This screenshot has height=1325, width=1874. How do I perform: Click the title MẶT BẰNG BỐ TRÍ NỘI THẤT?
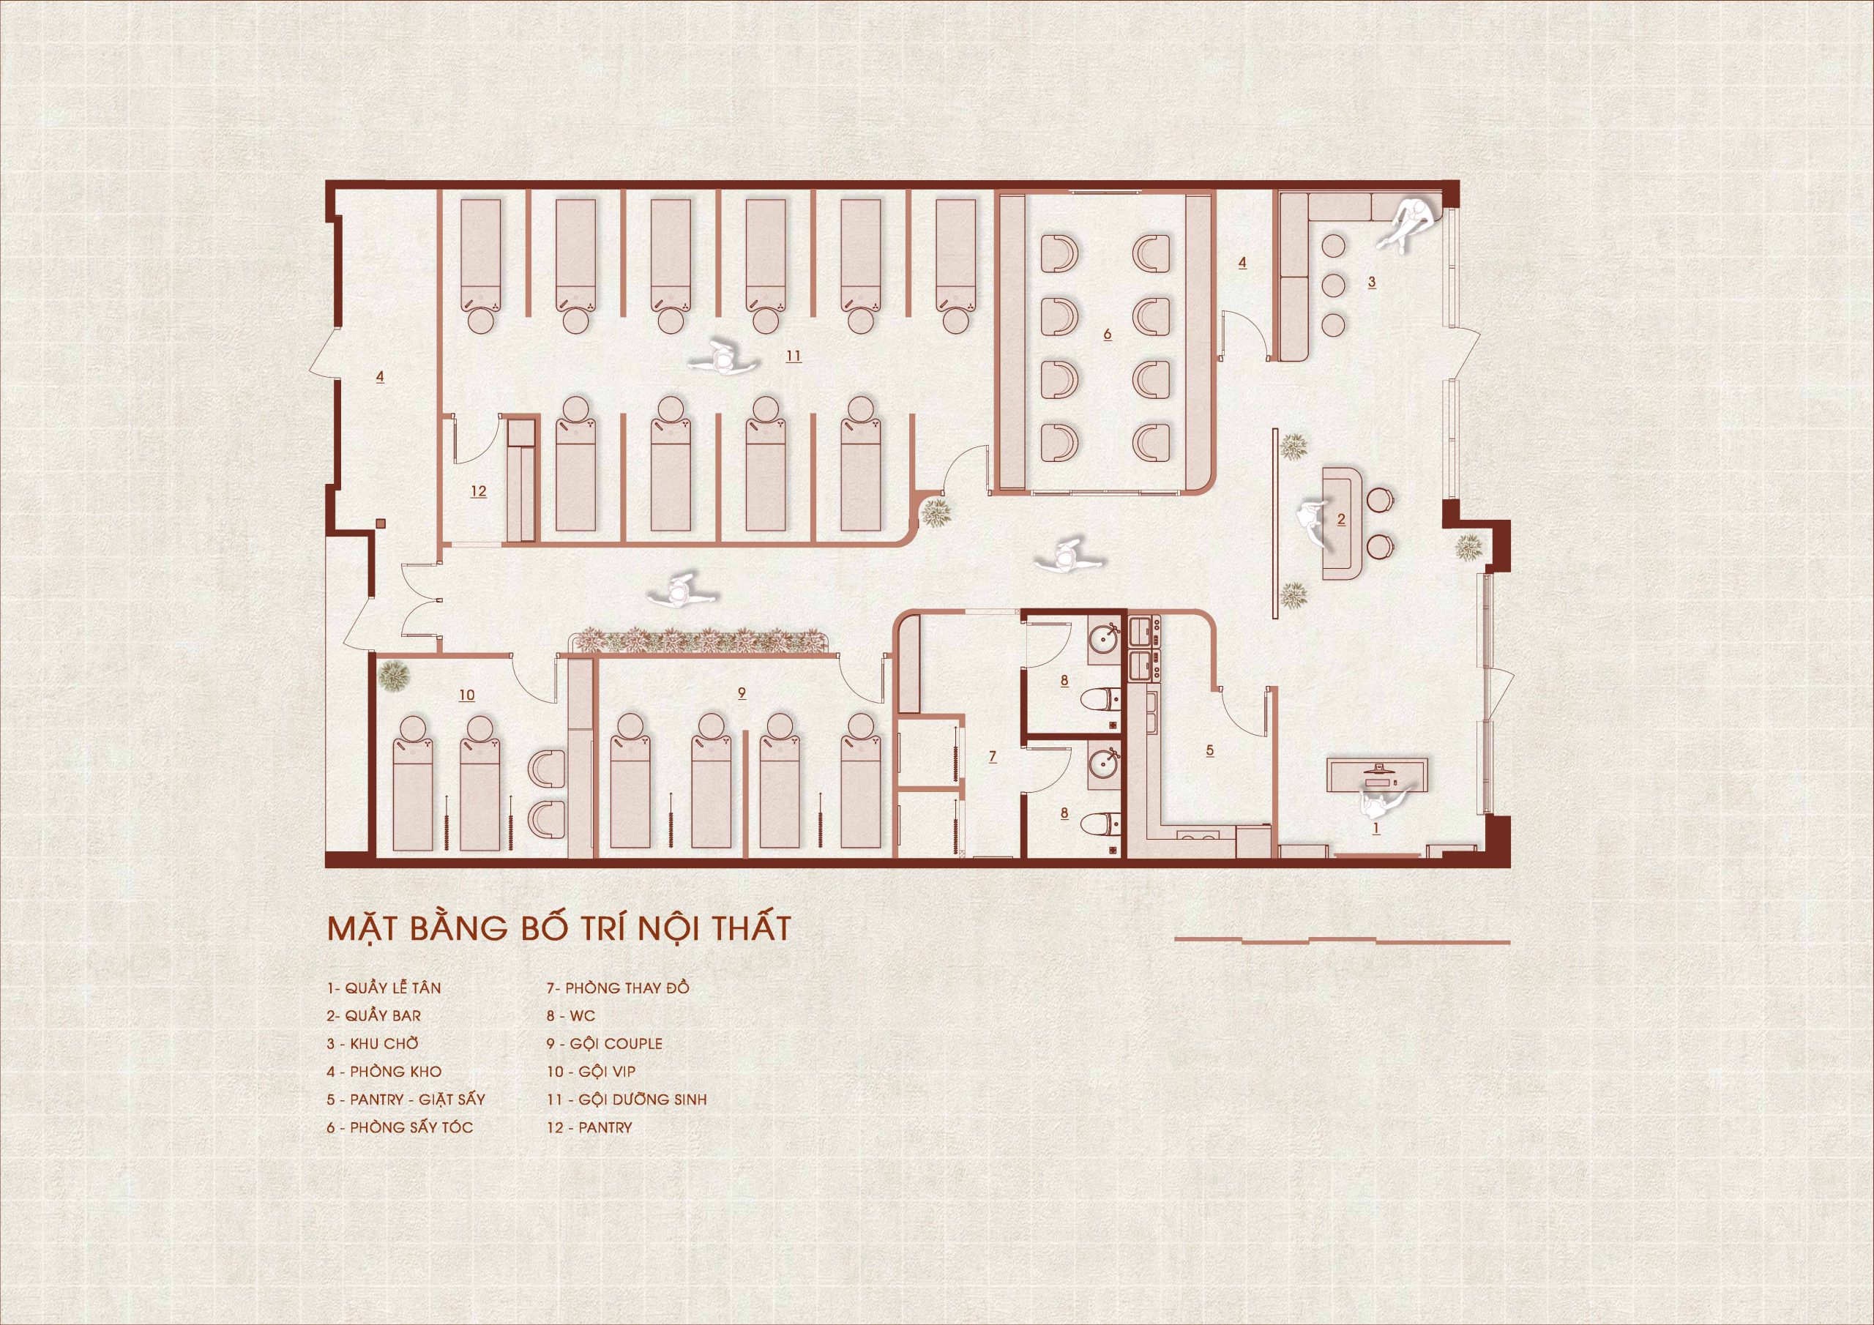pos(559,930)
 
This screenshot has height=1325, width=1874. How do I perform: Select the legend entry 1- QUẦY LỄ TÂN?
pos(384,988)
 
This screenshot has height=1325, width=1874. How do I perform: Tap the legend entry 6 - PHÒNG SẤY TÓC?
pos(400,1127)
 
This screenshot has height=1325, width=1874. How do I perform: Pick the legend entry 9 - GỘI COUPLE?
pos(604,1043)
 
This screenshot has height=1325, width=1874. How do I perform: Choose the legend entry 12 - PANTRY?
pos(589,1127)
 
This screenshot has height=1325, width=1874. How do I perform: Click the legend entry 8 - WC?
pos(570,1016)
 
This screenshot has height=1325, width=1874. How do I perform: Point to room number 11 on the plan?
pos(794,356)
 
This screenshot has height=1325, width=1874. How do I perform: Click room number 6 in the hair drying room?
pos(1107,334)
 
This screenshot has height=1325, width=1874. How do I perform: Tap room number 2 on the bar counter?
pos(1340,519)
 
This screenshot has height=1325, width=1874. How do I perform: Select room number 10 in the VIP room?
pos(466,695)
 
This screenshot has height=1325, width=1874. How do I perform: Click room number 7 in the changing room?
pos(993,757)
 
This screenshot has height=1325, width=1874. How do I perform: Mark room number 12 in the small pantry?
pos(478,490)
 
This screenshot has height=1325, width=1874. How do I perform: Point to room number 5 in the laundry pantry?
pos(1209,750)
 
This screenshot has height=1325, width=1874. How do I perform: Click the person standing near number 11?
pos(723,357)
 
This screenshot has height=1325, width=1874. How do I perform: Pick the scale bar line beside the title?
pos(1342,941)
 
